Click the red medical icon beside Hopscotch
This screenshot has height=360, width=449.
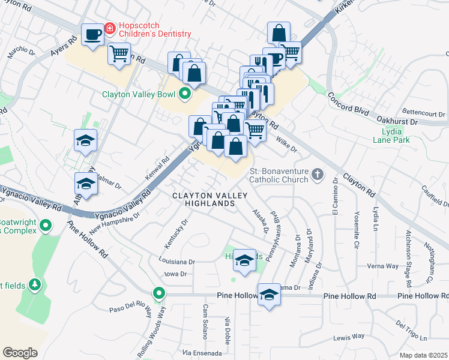coord(110,28)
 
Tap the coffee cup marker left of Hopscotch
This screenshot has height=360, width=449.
coord(92,34)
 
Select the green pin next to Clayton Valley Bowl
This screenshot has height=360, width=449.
coord(184,94)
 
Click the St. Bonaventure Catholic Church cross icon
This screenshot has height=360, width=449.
coord(317,175)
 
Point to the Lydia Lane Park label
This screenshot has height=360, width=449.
coord(398,136)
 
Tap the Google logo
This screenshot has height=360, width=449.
coord(20,352)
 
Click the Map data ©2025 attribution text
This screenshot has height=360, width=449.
coord(423,355)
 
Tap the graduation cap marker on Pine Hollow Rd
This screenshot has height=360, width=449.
coord(269,294)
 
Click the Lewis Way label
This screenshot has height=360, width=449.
coord(350,337)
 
